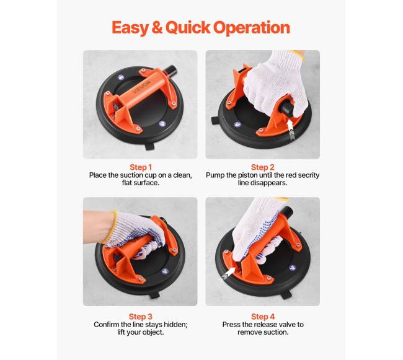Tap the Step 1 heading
141,167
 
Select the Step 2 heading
263,167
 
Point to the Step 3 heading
141,317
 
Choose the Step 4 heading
263,317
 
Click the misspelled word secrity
308,175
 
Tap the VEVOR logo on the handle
142,87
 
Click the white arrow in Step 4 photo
228,273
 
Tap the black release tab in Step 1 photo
149,147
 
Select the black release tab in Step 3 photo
154,294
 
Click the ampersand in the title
157,28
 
